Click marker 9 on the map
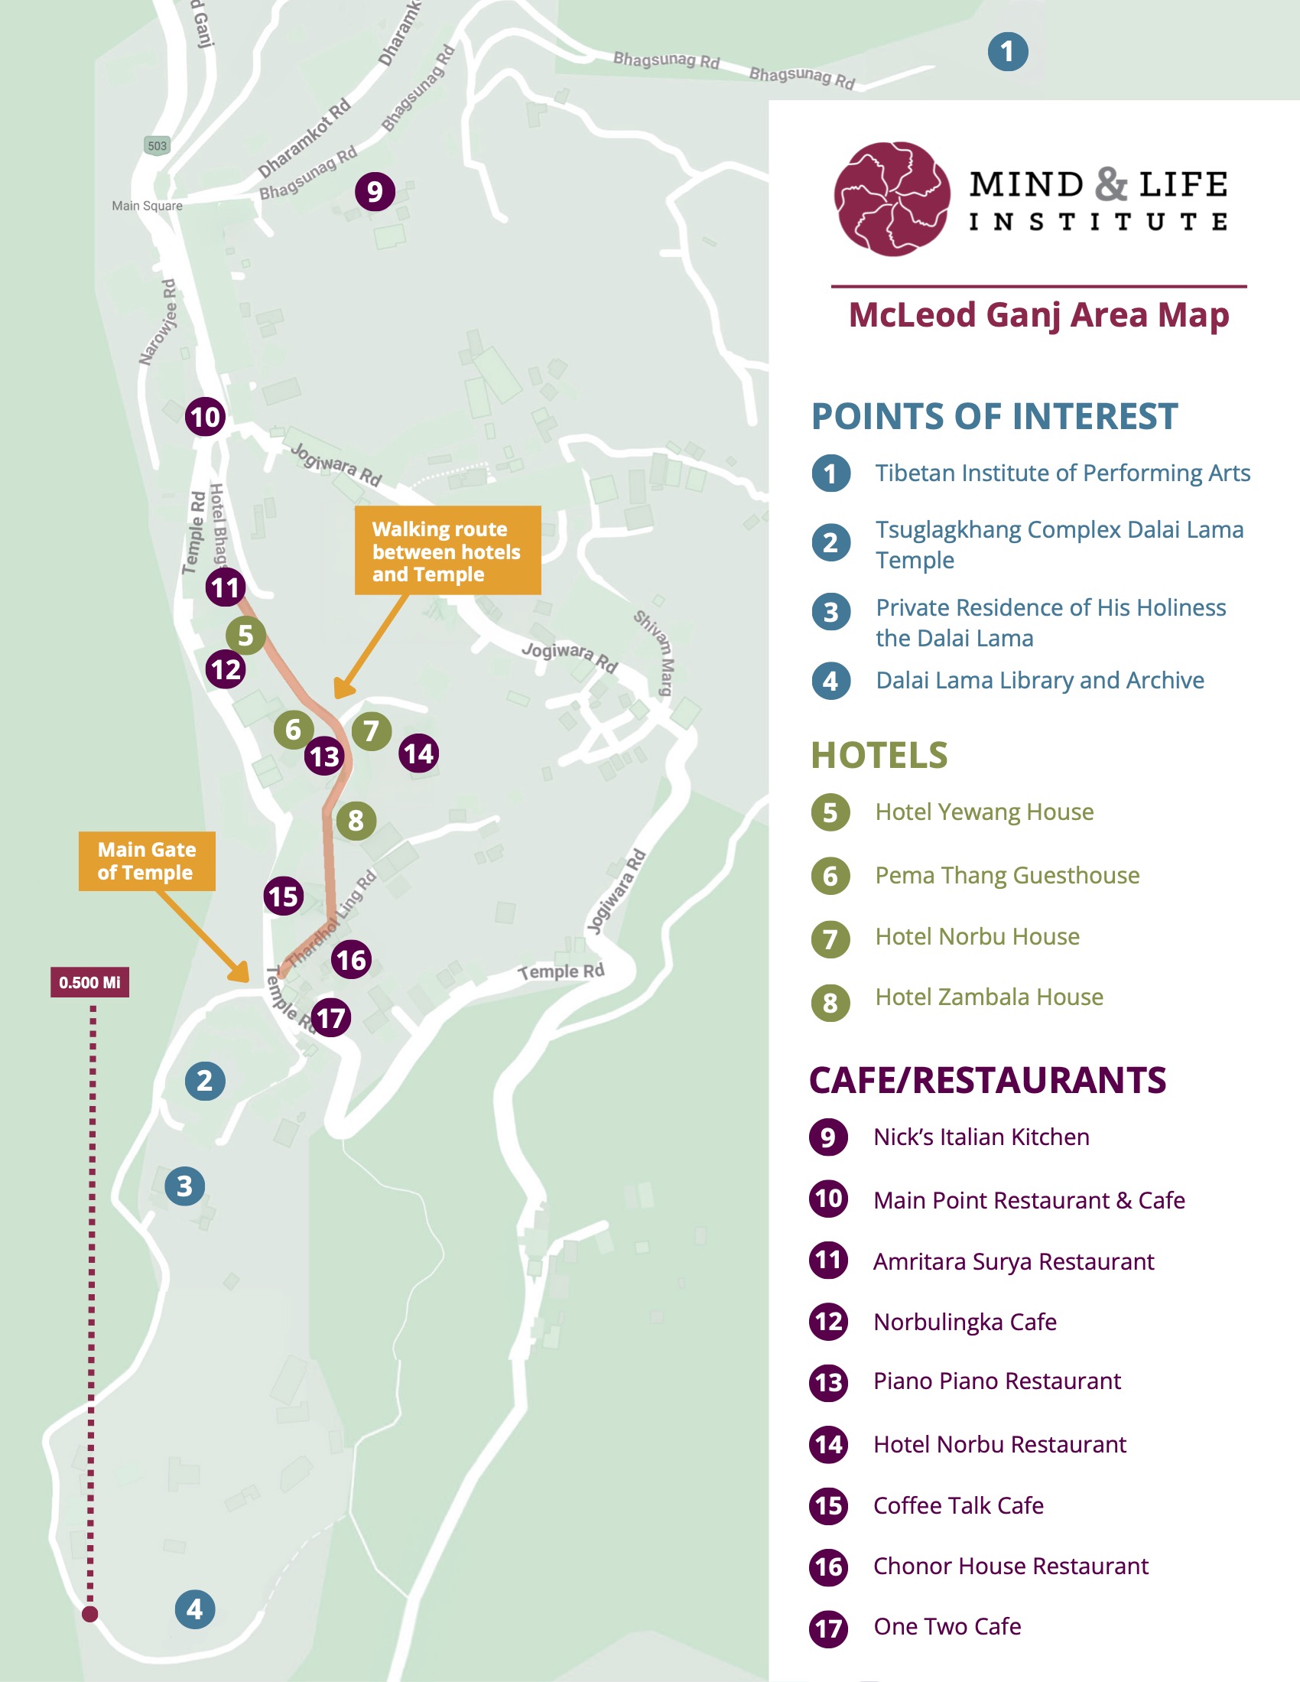pos(375,191)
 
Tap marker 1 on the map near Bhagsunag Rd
pos(1007,51)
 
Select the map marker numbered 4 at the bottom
pos(195,1609)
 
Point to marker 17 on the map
pos(331,1017)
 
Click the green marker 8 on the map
pos(356,820)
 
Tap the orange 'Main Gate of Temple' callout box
pos(146,861)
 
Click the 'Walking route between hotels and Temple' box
pos(447,551)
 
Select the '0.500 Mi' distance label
pos(90,982)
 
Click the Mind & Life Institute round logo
pos(892,199)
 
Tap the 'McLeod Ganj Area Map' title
pos(1039,315)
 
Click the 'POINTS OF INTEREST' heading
pos(994,417)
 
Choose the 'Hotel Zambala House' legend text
pos(989,997)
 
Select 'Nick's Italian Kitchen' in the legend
pos(981,1137)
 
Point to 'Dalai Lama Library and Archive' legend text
pos(1040,680)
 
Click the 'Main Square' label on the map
pos(147,206)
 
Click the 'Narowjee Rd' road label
pos(158,322)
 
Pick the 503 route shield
pos(157,145)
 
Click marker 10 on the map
pos(205,417)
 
